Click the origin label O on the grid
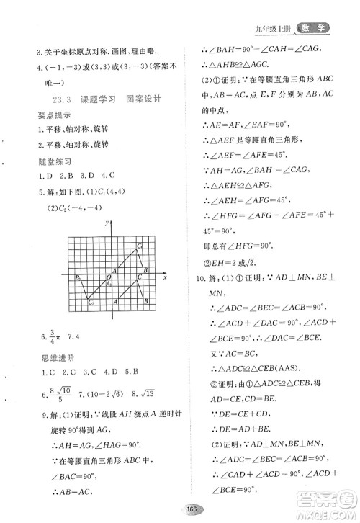point(109,276)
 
